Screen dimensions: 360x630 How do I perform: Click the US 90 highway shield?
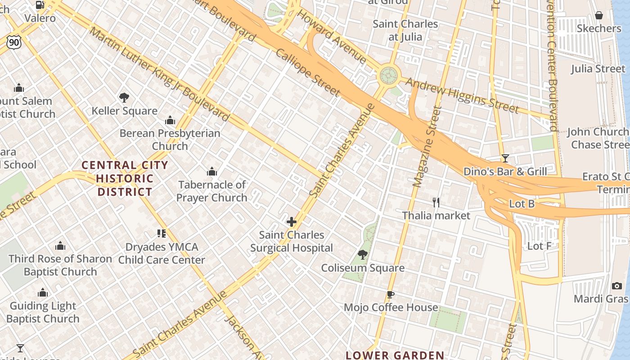click(x=13, y=42)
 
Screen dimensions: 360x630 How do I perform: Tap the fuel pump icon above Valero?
click(x=40, y=5)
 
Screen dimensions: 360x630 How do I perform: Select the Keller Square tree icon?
click(x=124, y=98)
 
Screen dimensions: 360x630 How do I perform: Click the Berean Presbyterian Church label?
click(x=170, y=139)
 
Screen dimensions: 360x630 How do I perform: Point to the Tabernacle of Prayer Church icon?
click(x=211, y=171)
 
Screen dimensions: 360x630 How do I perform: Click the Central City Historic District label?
click(x=125, y=178)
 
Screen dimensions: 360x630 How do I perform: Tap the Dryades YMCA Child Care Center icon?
click(x=162, y=233)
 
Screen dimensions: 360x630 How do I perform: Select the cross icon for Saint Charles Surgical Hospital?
click(x=292, y=222)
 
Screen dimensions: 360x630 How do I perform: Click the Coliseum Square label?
click(x=363, y=268)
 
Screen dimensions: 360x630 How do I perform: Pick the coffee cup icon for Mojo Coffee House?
click(x=391, y=295)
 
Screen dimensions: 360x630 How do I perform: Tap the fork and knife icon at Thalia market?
click(x=436, y=202)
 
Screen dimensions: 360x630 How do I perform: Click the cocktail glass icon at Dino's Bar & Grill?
click(x=505, y=158)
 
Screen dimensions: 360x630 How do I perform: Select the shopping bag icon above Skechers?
click(x=598, y=16)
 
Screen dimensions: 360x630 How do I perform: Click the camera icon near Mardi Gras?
click(x=617, y=286)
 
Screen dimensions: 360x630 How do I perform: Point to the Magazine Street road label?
click(x=425, y=147)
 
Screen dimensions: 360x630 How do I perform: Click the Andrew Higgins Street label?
click(x=463, y=95)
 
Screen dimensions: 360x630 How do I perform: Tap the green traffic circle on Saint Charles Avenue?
click(x=389, y=76)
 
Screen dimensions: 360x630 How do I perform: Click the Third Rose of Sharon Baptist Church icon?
click(x=60, y=246)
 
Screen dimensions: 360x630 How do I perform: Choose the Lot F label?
click(x=539, y=246)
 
